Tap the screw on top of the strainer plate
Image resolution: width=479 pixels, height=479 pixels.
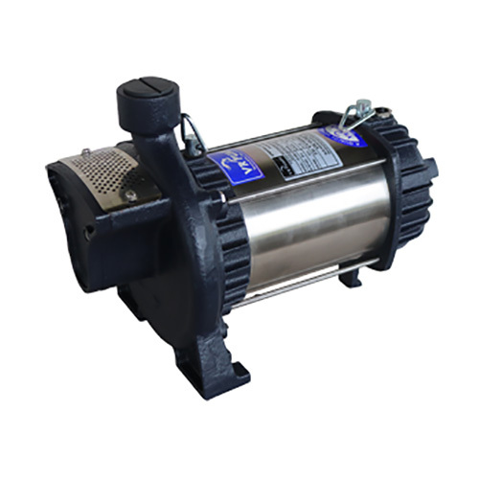tap(85, 152)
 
